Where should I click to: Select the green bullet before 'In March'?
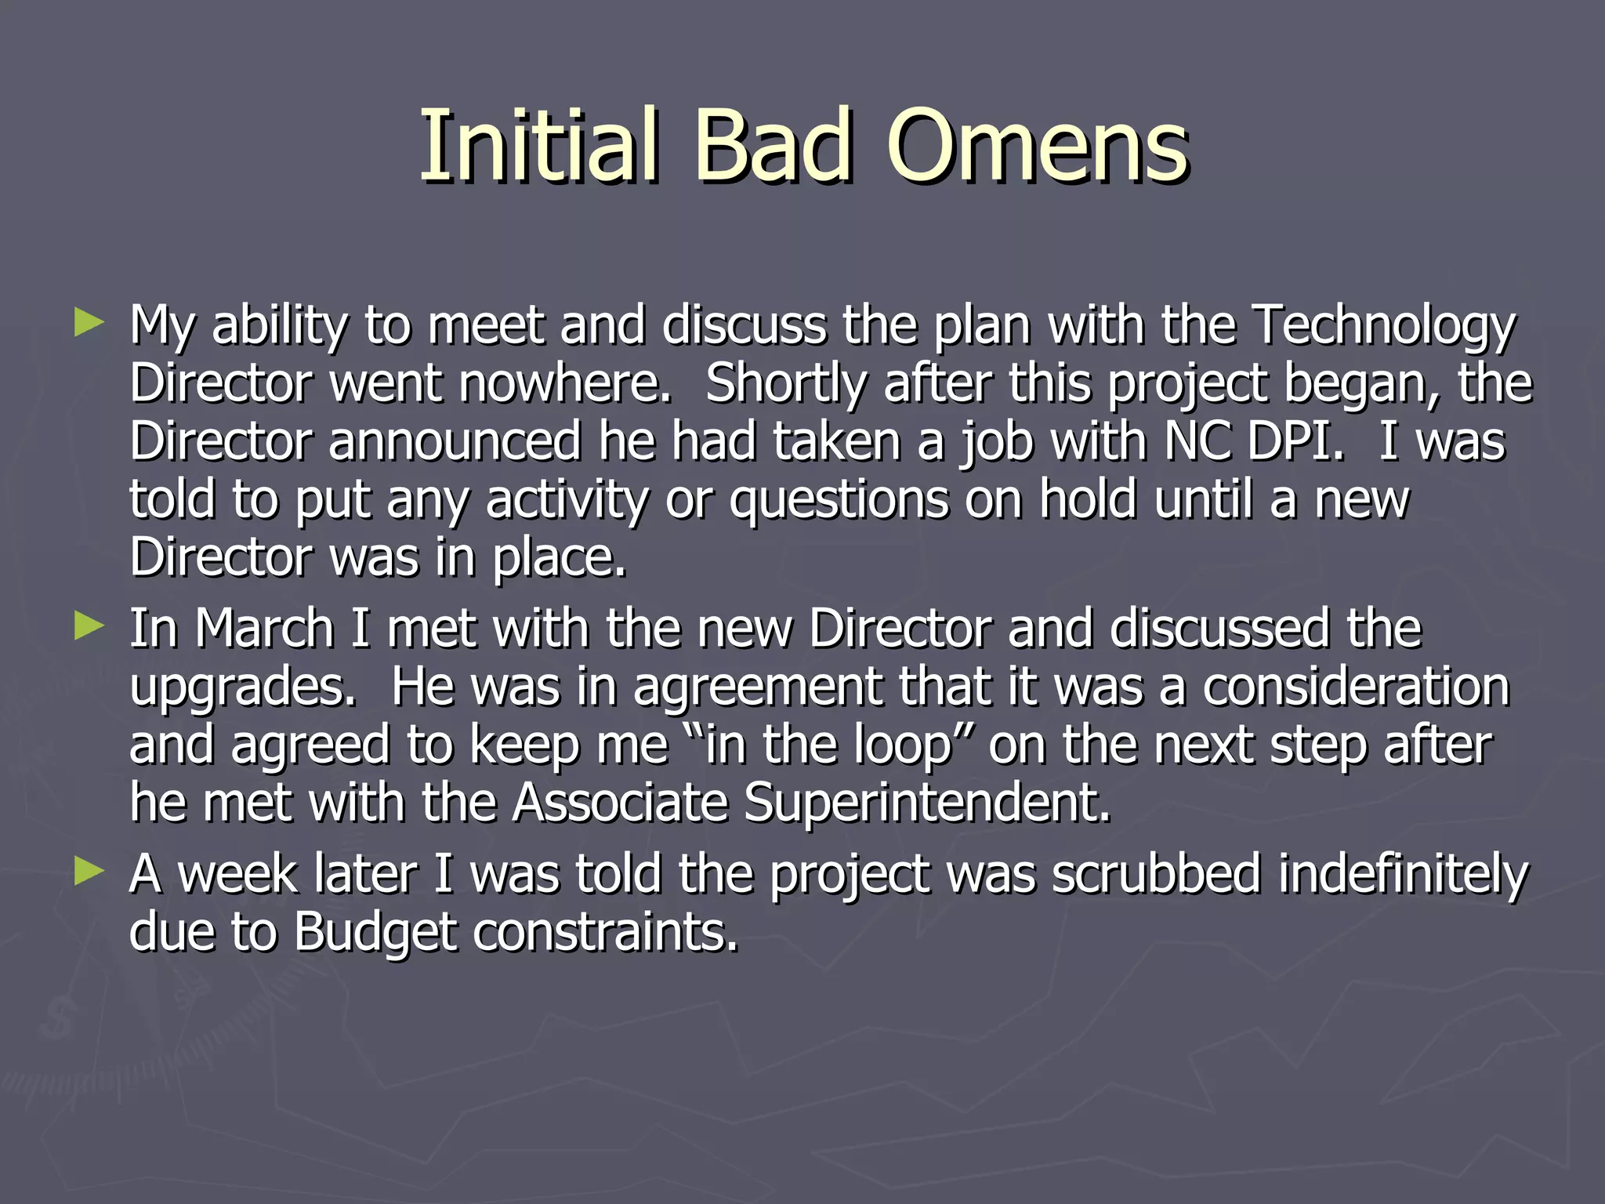[x=89, y=626]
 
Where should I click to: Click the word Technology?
[x=1384, y=326]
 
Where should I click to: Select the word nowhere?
[x=565, y=384]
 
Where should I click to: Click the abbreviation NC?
[x=1197, y=441]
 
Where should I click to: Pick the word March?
[x=265, y=629]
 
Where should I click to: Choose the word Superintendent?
[x=927, y=803]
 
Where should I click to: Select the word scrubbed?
[x=1156, y=874]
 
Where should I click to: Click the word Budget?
[x=375, y=934]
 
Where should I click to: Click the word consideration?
[x=1356, y=687]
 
